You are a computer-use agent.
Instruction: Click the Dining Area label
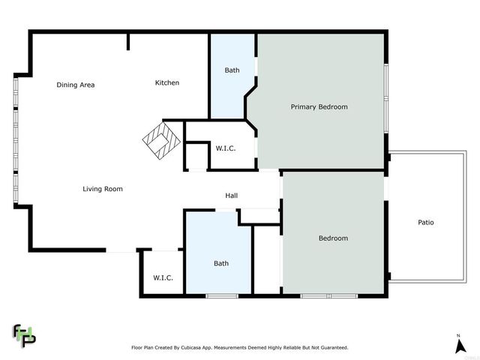click(76, 85)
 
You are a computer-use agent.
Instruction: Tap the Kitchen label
click(166, 82)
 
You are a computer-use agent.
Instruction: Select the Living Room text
click(103, 189)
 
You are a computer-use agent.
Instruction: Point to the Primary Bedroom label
click(319, 107)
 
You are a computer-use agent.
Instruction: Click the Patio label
click(425, 223)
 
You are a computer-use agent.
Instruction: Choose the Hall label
click(232, 196)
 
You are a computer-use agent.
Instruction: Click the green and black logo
click(24, 334)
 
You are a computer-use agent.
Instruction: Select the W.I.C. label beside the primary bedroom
click(226, 148)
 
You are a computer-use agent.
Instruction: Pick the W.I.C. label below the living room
click(163, 277)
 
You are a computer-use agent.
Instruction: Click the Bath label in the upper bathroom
click(232, 70)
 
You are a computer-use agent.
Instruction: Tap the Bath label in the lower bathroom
click(221, 263)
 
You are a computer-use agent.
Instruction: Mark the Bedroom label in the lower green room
click(333, 238)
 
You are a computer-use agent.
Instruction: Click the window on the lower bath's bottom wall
click(221, 296)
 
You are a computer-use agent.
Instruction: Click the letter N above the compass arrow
click(458, 334)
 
